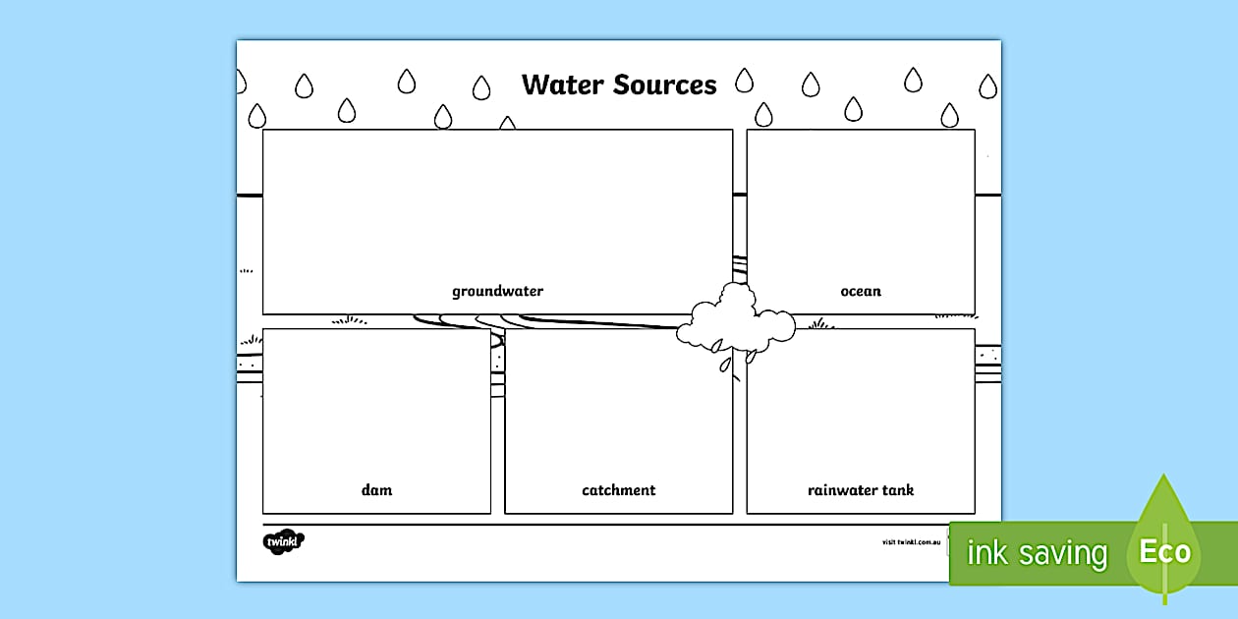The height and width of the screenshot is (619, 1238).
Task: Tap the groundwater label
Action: [497, 291]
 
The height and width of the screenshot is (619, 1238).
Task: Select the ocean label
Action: [861, 291]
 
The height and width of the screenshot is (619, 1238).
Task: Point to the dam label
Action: [376, 489]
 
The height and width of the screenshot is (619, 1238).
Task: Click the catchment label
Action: [618, 489]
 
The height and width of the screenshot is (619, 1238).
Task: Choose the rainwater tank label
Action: [861, 489]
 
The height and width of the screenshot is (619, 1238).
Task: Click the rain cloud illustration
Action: [734, 318]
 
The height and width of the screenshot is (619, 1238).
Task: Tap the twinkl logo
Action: [284, 541]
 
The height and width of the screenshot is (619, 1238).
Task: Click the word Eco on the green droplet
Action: [1165, 551]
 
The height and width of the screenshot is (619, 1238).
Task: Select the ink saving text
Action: [1037, 553]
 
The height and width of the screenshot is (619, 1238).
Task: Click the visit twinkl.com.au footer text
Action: [912, 541]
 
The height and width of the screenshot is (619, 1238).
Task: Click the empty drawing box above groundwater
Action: [497, 206]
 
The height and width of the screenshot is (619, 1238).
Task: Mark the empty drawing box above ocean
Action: [861, 206]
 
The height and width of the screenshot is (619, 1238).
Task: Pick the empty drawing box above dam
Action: [376, 403]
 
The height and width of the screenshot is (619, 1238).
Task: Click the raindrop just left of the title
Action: [481, 88]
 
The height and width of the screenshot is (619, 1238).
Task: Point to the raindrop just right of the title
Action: [745, 80]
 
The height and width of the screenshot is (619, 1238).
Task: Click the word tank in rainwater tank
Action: [895, 489]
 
